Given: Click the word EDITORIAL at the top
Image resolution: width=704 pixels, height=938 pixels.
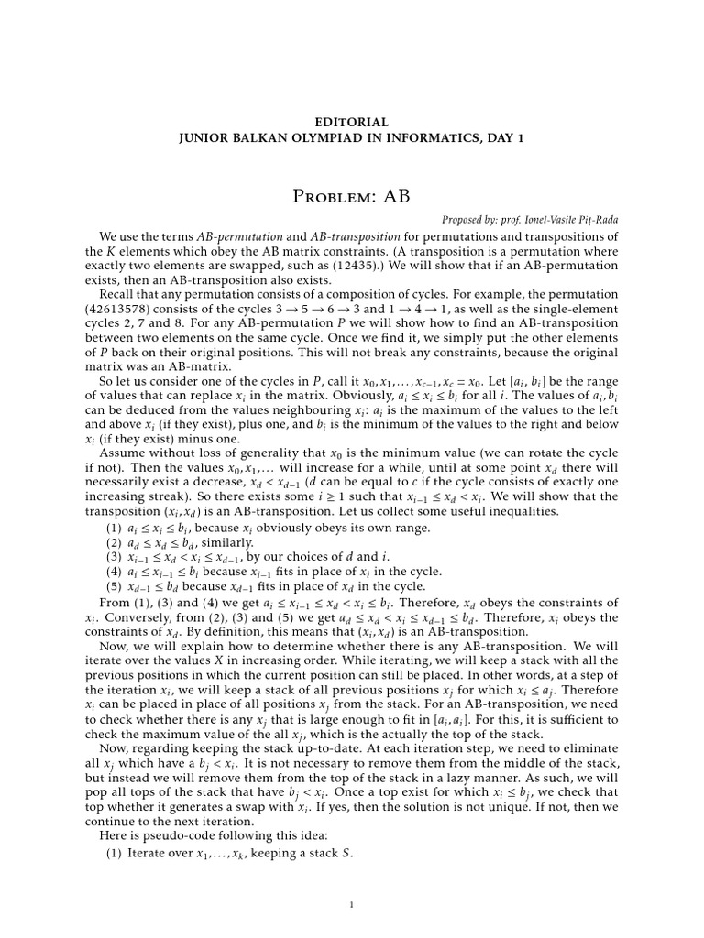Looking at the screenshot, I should click(x=352, y=121).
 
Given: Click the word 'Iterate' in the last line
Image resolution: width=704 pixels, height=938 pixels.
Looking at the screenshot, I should click(x=149, y=854).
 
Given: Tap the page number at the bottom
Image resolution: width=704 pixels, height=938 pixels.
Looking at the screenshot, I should click(x=352, y=906).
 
